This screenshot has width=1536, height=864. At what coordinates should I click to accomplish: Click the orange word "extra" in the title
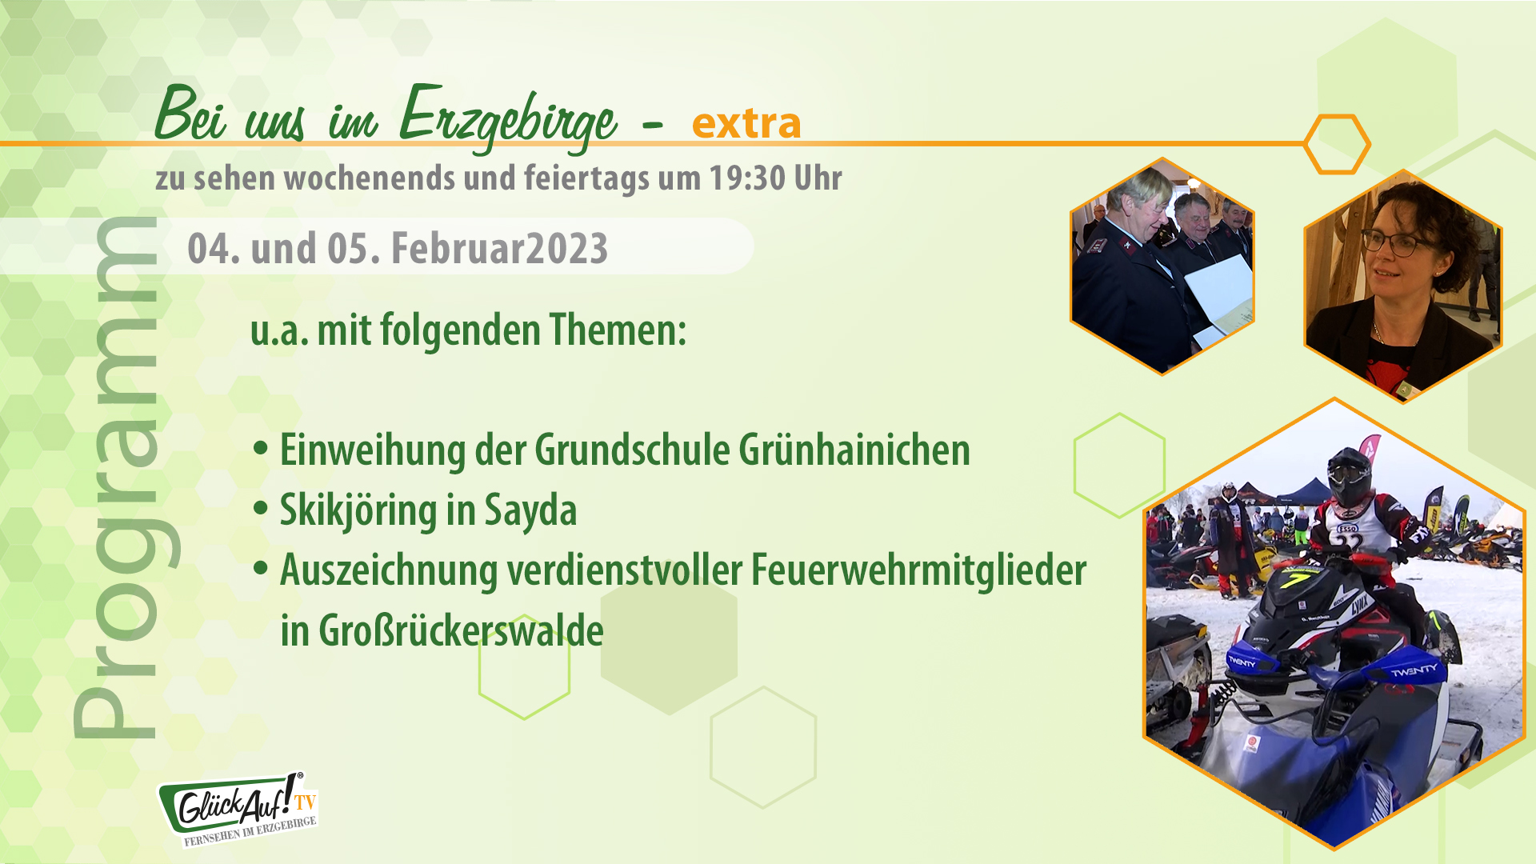pyautogui.click(x=746, y=123)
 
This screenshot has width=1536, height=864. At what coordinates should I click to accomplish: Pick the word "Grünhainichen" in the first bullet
pyautogui.click(x=854, y=450)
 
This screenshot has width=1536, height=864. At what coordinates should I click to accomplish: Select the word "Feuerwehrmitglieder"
pyautogui.click(x=918, y=570)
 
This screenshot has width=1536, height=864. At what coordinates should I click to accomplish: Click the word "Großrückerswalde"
pyautogui.click(x=461, y=630)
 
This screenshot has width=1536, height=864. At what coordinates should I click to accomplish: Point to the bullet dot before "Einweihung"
pyautogui.click(x=260, y=448)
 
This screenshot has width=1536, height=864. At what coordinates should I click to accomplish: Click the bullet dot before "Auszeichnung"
pyautogui.click(x=260, y=568)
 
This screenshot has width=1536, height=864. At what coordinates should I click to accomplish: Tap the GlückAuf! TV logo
pyautogui.click(x=238, y=808)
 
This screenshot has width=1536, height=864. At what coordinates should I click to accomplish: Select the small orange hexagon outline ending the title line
pyautogui.click(x=1336, y=144)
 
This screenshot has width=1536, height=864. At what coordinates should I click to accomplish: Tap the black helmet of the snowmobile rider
pyautogui.click(x=1350, y=477)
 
